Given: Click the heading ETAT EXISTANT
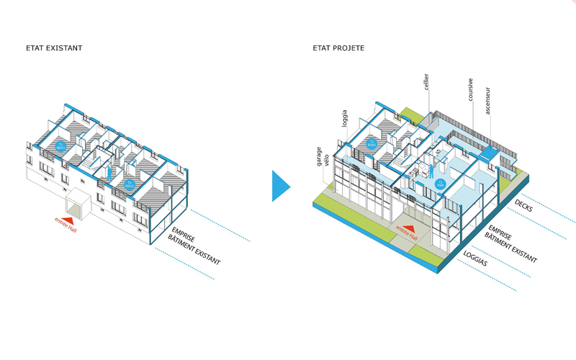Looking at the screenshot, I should (x=54, y=48).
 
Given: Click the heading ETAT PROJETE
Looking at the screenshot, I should (x=338, y=48).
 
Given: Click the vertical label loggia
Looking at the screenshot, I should (x=345, y=118).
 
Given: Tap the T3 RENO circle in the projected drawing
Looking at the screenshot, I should (x=372, y=145).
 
